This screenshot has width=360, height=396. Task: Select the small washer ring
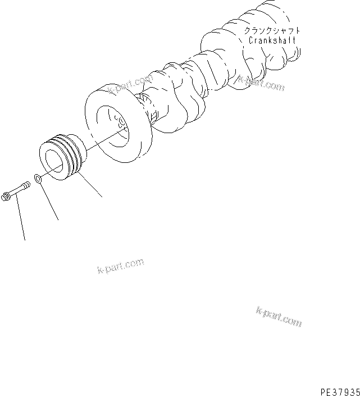point(38,179)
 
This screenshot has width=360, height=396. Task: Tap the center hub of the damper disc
point(120,122)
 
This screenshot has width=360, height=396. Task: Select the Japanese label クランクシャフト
point(272,31)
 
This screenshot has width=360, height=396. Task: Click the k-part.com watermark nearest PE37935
point(279,317)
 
